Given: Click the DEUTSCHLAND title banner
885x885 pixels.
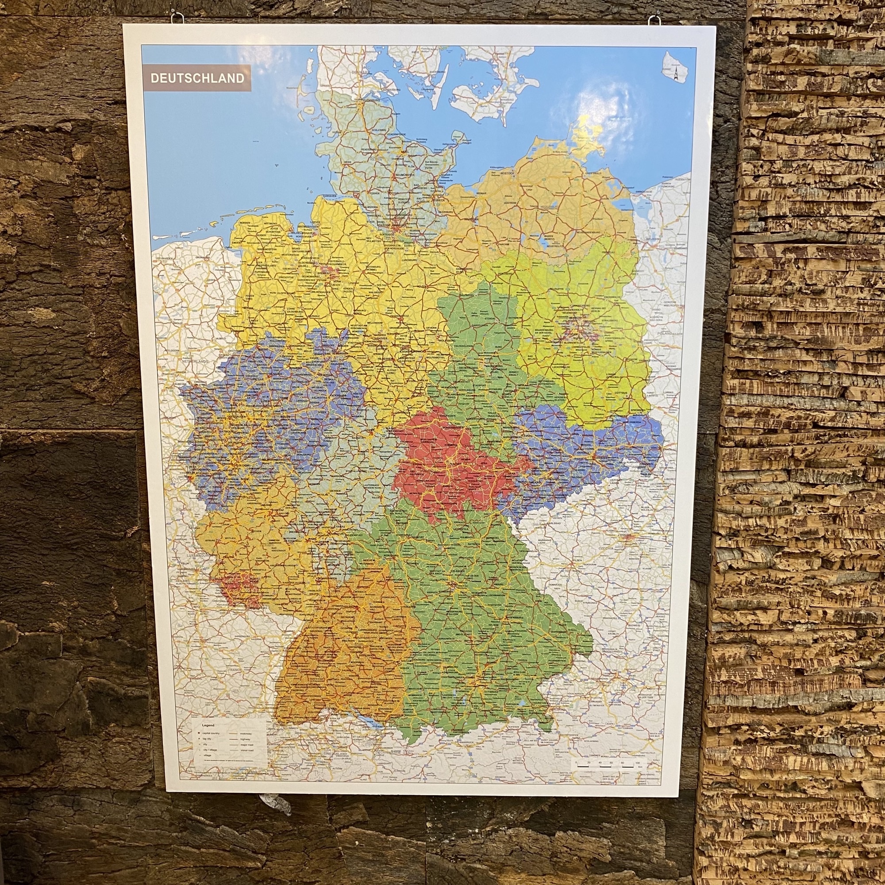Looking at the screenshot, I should click(197, 78).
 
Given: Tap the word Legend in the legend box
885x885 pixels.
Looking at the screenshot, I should click(208, 726).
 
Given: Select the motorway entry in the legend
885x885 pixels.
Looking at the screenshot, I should click(246, 734).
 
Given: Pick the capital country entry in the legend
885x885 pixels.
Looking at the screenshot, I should click(211, 733).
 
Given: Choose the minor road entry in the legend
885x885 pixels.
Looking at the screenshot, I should click(247, 751).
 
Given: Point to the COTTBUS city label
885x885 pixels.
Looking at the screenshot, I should click(621, 393).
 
